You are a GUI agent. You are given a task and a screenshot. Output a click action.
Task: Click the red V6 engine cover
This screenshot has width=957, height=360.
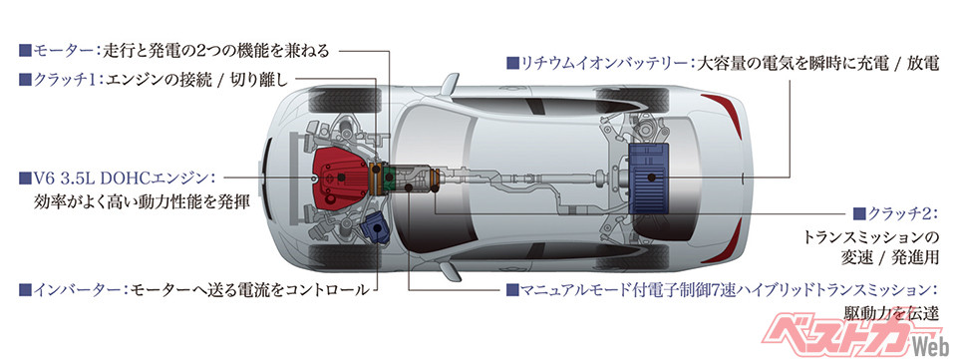339,177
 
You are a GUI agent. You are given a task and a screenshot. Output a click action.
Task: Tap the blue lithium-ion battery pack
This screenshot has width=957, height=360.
652,177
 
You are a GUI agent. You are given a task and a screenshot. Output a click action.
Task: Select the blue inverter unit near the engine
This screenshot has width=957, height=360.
373,229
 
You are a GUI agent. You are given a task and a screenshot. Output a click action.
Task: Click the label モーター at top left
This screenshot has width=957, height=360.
62,50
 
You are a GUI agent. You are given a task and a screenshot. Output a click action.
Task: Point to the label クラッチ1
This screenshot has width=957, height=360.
63,79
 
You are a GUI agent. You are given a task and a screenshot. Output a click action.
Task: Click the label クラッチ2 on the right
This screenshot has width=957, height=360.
908,213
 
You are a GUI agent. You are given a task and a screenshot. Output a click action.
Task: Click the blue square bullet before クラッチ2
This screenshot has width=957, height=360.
859,213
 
